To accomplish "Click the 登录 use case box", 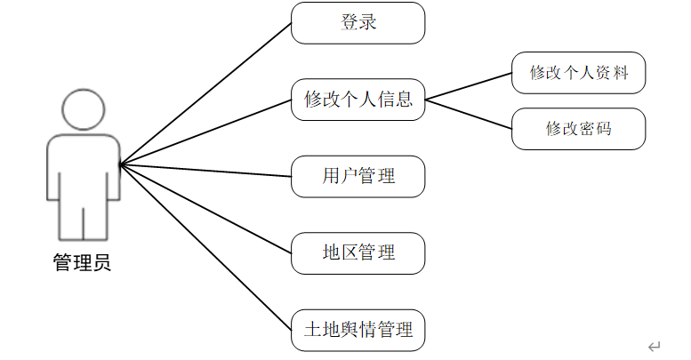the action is tap(358, 23).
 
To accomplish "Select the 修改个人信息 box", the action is tap(358, 100).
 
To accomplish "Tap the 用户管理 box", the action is tap(358, 176).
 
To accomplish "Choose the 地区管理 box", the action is tap(358, 253).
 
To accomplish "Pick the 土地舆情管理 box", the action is tap(358, 330).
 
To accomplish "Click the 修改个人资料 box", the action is tap(579, 73).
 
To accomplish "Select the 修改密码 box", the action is tap(579, 129).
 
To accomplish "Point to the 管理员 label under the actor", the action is tap(82, 262).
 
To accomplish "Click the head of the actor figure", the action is tap(84, 109).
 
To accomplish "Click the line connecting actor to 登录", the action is tap(205, 94).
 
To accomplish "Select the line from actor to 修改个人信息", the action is tap(205, 132).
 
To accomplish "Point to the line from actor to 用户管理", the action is tap(205, 171).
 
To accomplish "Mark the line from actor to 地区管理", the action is tap(205, 209).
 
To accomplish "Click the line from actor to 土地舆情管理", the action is tap(205, 248).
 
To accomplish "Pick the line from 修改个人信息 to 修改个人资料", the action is tap(469, 86).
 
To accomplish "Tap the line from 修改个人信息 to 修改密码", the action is tap(469, 114).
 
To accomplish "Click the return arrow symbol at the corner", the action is tap(654, 347).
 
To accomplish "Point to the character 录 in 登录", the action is tap(368, 22).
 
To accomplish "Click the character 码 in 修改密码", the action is tap(604, 129).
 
